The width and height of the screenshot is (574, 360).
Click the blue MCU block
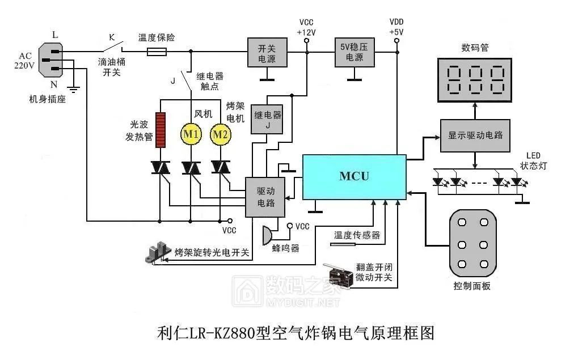354,176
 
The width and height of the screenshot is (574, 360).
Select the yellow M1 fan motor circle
190,134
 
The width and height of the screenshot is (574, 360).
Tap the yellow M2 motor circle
220,134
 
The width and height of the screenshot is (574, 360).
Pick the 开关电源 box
267,53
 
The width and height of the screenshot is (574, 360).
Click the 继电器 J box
268,120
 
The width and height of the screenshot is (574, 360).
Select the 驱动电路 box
265,197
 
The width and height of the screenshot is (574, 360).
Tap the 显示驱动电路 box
475,135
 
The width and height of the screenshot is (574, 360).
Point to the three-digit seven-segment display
475,80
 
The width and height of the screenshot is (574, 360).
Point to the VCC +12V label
306,27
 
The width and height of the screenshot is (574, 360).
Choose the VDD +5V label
396,27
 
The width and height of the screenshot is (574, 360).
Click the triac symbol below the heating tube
161,168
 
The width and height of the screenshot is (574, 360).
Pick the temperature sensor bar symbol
343,244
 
